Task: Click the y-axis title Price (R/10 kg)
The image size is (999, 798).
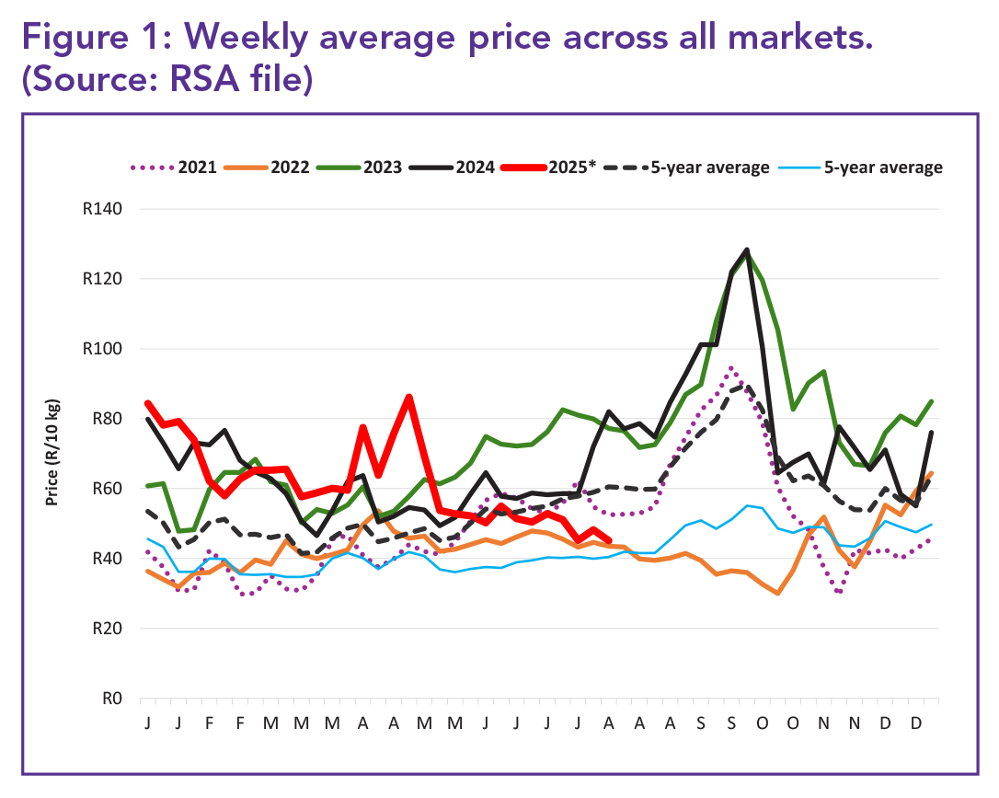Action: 53,453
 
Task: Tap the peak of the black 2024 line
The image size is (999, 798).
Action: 747,249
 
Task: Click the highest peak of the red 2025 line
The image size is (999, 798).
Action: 408,397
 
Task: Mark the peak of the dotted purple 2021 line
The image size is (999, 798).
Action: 731,368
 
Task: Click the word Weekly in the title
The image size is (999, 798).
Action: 258,40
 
